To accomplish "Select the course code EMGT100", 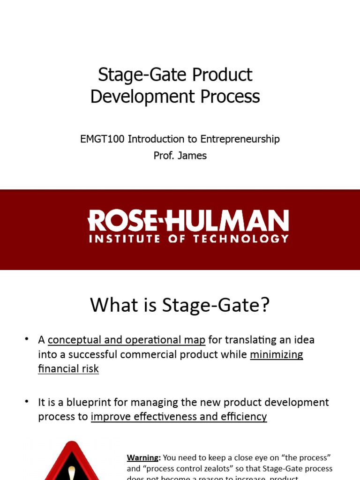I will (97, 139).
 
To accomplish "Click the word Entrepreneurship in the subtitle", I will (240, 139).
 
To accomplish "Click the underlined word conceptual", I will (75, 340).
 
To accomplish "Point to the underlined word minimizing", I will (277, 354).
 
